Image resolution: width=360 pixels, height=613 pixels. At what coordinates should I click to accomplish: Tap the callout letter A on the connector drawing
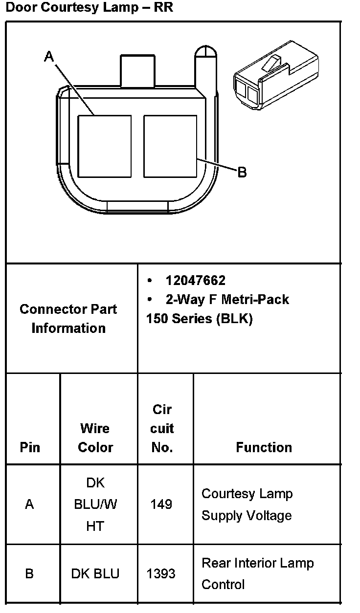[49, 57]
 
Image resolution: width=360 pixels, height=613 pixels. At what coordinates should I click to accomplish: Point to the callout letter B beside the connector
[242, 172]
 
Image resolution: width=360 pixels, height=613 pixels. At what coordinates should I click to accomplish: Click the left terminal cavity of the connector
[105, 146]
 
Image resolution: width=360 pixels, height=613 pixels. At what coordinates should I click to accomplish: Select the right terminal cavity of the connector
[170, 146]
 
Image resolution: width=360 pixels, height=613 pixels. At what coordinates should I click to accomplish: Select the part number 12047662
[196, 281]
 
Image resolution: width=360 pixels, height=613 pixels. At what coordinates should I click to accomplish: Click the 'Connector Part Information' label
[68, 319]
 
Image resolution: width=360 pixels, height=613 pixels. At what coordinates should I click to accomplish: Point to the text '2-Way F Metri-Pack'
[227, 299]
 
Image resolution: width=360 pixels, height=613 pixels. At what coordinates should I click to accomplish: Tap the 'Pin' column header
[30, 447]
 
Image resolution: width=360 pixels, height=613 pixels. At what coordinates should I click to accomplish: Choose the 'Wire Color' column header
[95, 438]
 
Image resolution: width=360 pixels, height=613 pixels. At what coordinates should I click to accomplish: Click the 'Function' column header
[264, 447]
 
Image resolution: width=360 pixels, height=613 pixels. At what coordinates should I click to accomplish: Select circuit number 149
[161, 504]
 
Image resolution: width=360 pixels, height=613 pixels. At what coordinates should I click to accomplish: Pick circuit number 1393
[161, 573]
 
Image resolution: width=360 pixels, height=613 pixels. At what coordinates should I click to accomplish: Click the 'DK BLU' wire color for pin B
[95, 573]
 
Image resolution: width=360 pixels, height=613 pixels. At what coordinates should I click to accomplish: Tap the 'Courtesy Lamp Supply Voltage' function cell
[247, 504]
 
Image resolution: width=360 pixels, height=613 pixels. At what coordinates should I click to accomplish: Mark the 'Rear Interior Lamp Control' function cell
[257, 573]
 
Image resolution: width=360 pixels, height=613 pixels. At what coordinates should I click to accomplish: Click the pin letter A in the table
[29, 504]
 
